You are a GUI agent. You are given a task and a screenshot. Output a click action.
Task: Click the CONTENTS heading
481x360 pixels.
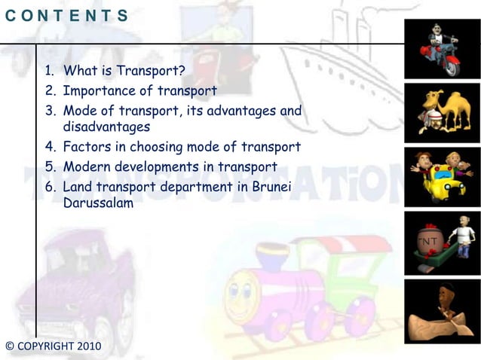click(x=66, y=15)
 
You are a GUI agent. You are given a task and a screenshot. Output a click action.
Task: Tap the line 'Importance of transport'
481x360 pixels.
click(x=140, y=91)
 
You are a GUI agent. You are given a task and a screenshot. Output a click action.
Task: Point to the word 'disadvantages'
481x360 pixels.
click(x=107, y=127)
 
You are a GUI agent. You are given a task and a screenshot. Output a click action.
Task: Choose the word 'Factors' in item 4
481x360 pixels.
click(x=87, y=147)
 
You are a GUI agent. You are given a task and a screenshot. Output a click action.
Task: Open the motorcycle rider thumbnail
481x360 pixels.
click(x=442, y=47)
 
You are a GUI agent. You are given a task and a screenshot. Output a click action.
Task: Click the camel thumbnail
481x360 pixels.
click(x=442, y=113)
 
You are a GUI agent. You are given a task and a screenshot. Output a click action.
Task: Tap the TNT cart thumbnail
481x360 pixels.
click(x=442, y=243)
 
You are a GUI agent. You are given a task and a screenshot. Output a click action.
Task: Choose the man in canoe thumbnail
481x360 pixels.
click(x=442, y=309)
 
